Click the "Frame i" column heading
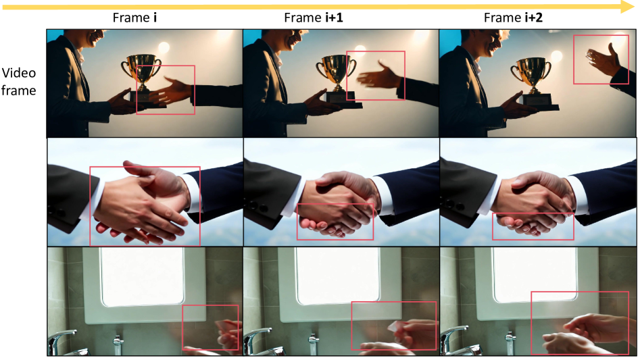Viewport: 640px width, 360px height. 134,18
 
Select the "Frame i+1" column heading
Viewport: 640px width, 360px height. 313,18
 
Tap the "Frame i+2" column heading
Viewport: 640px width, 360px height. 513,18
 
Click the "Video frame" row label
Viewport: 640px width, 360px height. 19,82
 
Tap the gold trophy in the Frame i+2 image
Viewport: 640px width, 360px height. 531,76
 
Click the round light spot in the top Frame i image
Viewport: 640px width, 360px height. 164,48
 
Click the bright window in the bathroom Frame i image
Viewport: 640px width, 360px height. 143,276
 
